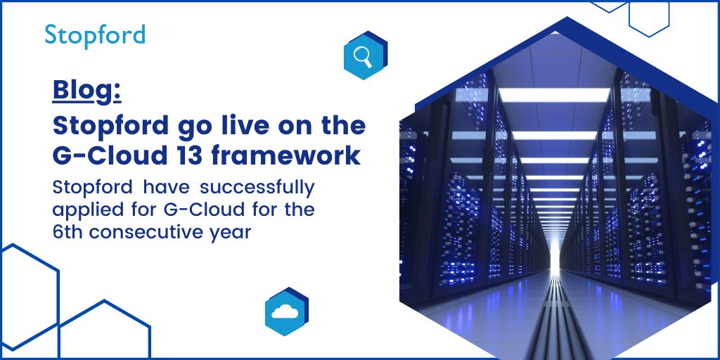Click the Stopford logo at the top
(95, 34)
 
